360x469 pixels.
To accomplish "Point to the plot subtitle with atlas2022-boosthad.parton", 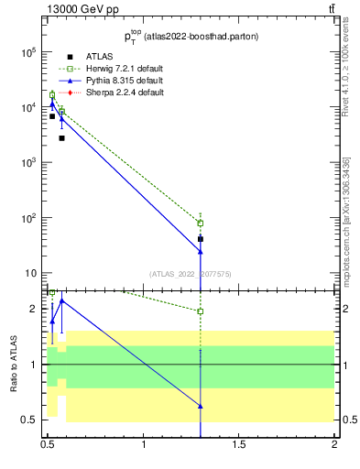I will [191, 37].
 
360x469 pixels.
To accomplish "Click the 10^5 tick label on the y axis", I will [29, 52].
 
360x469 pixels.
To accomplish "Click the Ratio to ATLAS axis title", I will [14, 365].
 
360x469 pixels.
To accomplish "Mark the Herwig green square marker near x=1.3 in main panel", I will [201, 224].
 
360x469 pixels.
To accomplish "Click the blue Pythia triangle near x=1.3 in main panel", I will [201, 251].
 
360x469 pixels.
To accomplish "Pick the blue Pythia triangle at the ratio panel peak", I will [61, 300].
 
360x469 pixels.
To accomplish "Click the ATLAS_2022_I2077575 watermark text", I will [191, 274].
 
